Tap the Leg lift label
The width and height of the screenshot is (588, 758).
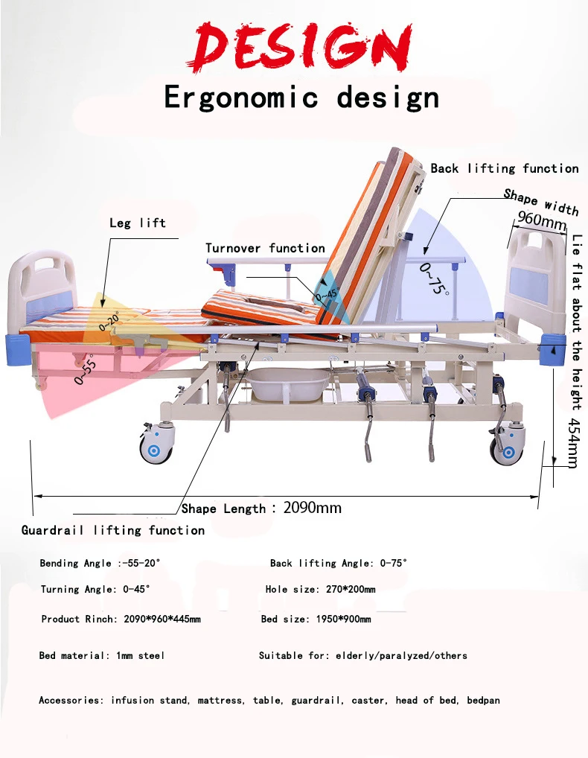coord(138,223)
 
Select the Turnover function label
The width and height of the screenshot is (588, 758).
coord(265,248)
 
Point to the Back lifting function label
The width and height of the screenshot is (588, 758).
coord(504,168)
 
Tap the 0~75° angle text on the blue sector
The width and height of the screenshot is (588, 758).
coord(435,278)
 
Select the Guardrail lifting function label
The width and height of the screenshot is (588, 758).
coord(113,530)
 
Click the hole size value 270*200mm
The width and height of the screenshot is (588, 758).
coord(351,590)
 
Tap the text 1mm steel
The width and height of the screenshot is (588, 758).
coord(141,656)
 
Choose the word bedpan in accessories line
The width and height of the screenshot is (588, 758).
coord(483,701)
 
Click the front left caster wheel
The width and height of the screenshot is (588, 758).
coord(157,445)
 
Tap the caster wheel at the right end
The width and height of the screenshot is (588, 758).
coord(508,447)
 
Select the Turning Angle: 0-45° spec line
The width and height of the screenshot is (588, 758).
coord(95,590)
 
